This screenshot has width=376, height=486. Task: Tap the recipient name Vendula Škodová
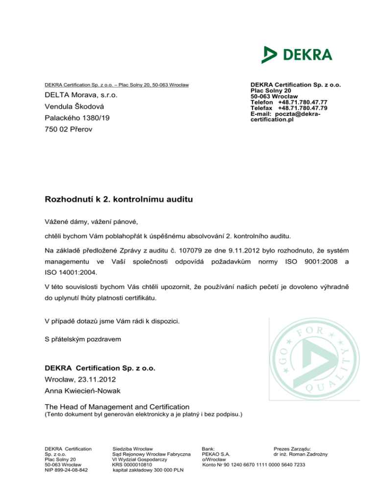click(x=73, y=107)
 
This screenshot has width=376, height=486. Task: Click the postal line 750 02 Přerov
click(x=69, y=130)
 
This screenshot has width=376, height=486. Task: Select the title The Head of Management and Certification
click(x=117, y=406)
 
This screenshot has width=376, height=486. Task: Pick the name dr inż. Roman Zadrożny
click(x=301, y=454)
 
